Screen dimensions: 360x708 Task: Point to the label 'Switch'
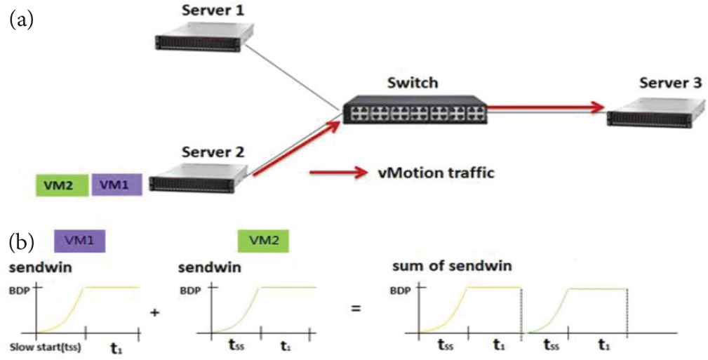(413, 83)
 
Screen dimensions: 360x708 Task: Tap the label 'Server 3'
(670, 83)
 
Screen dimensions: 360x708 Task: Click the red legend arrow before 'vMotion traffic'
(339, 172)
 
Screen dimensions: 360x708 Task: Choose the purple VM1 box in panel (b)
(79, 241)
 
